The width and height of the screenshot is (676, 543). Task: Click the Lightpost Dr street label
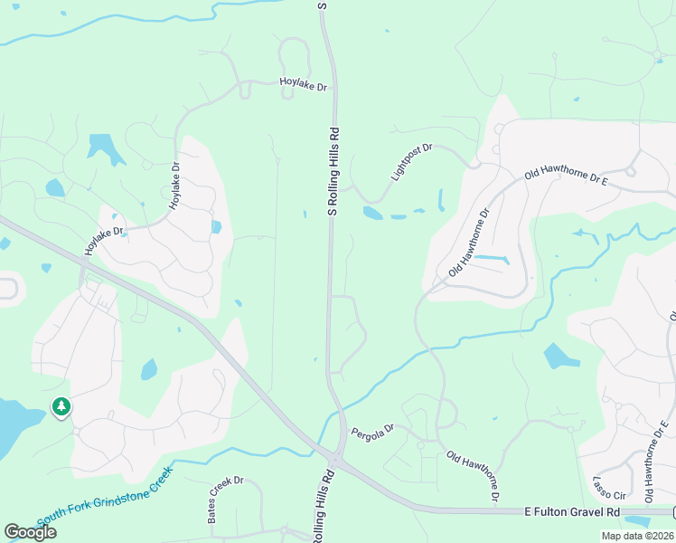[412, 161]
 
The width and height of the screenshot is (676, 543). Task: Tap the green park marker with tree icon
[61, 407]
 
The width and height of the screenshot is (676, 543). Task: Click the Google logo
[30, 532]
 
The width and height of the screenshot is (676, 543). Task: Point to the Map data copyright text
[637, 536]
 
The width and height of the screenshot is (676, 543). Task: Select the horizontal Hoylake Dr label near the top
[303, 85]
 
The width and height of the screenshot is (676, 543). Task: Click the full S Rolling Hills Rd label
[333, 170]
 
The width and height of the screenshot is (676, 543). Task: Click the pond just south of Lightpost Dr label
[372, 214]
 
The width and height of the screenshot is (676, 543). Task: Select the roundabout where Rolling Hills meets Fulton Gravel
[336, 462]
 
